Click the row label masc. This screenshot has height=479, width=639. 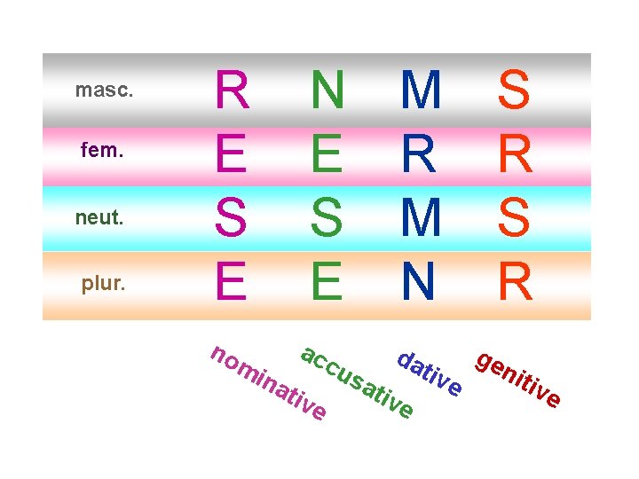(x=104, y=90)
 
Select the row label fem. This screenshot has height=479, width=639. (x=104, y=152)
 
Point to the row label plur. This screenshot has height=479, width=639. (x=104, y=284)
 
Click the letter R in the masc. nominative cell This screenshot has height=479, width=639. (x=233, y=90)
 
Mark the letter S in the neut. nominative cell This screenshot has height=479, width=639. (x=233, y=218)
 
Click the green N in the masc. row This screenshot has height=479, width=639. (x=327, y=90)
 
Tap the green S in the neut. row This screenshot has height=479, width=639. (x=327, y=218)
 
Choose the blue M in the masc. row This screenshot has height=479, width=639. (x=421, y=90)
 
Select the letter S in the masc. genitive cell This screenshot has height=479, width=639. (x=515, y=90)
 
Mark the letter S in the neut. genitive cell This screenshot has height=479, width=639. (x=515, y=218)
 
